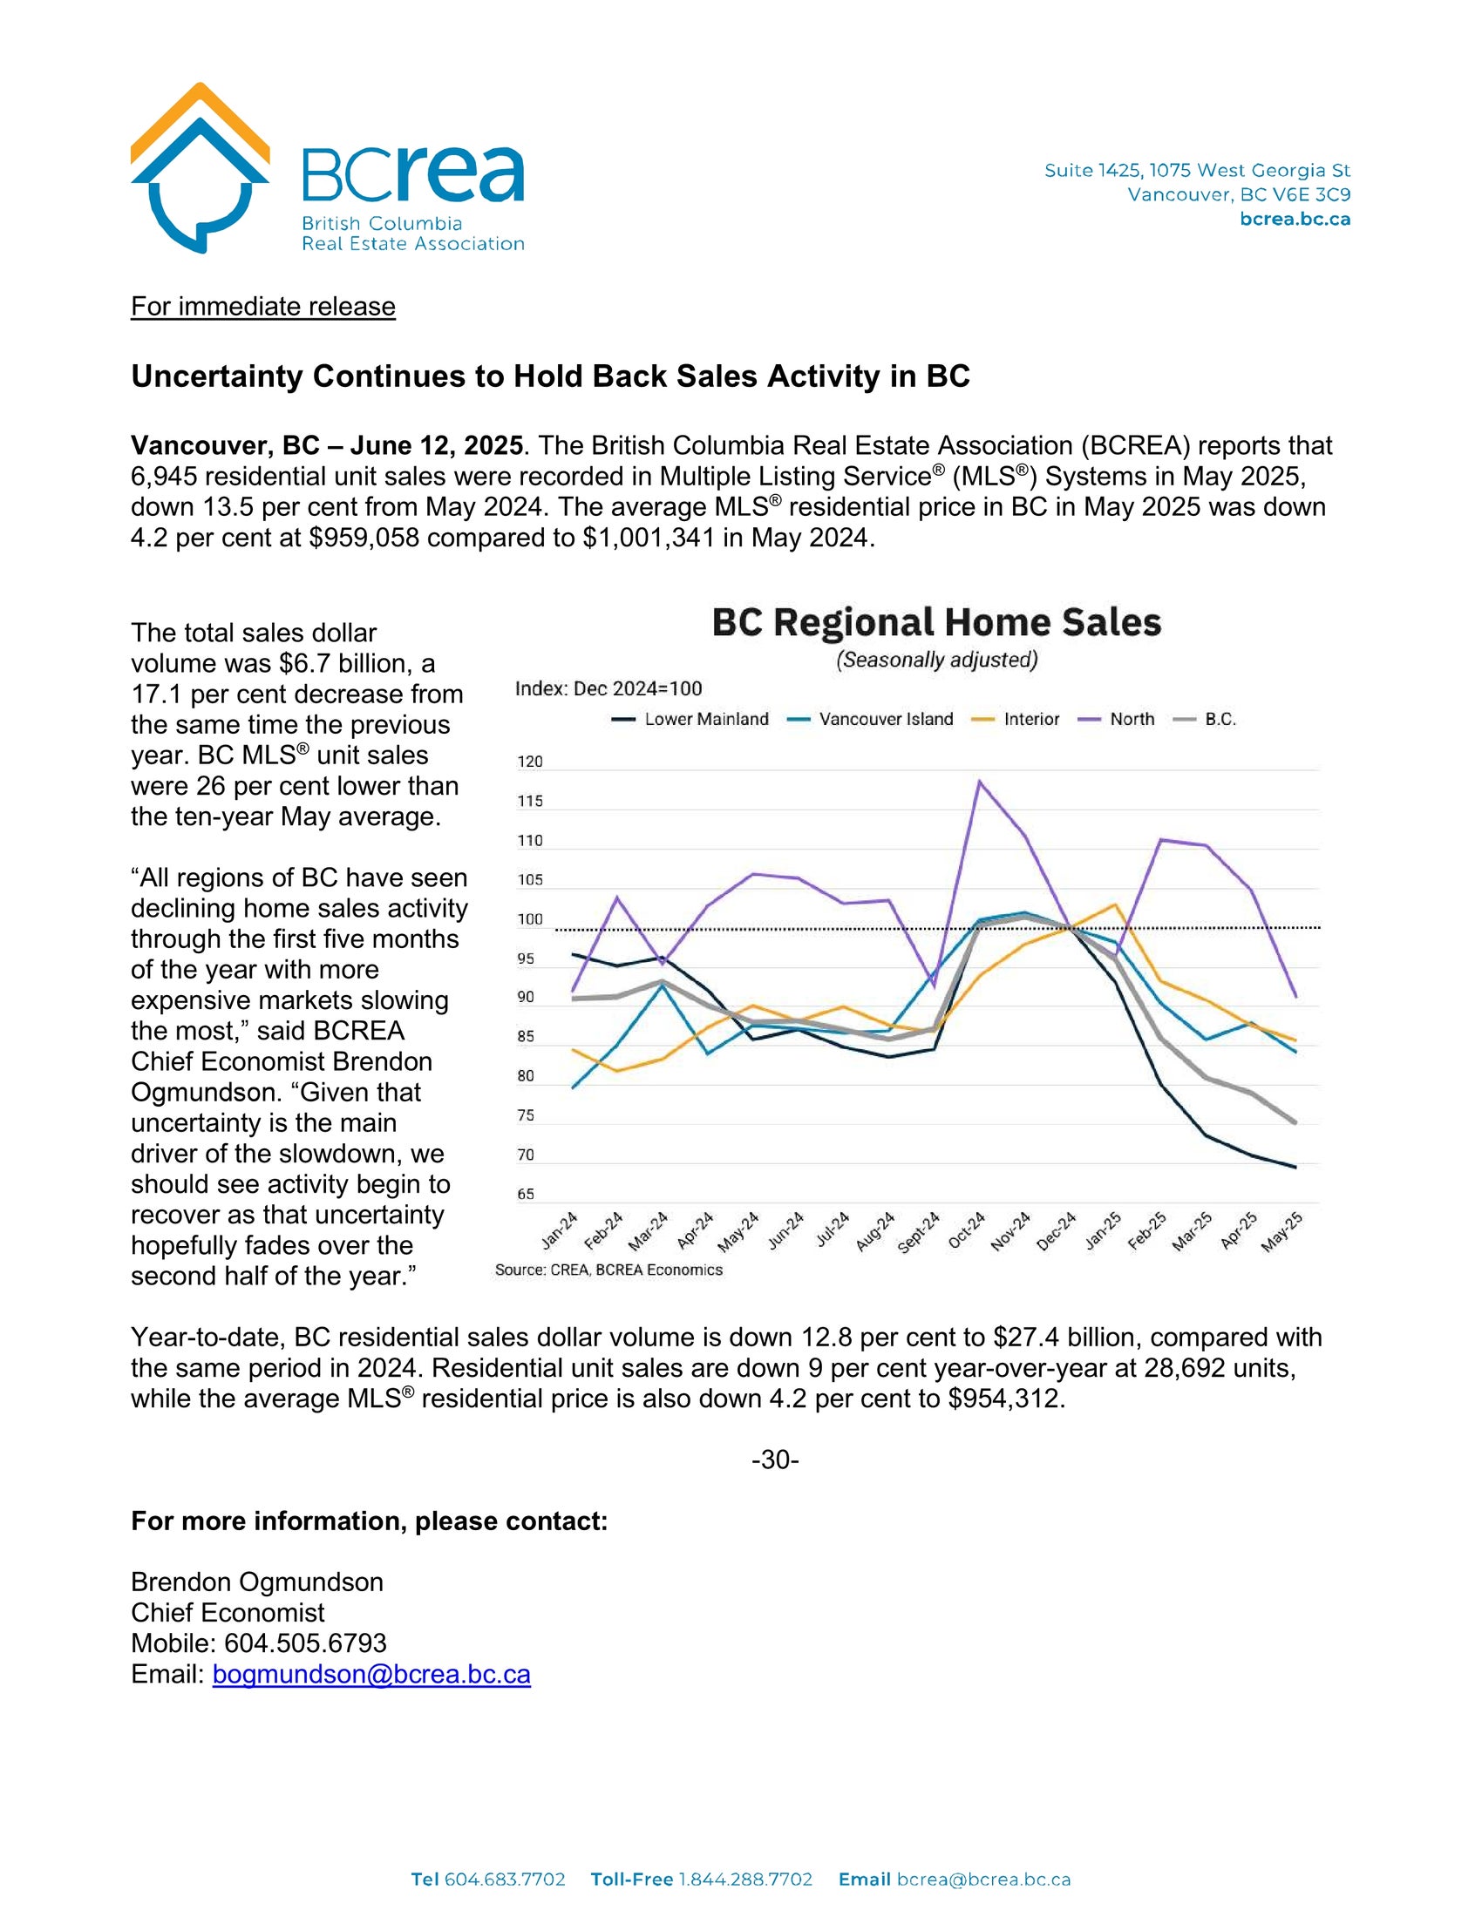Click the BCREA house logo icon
tap(201, 166)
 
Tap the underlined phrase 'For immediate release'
tap(262, 307)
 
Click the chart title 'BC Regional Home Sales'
tap(936, 622)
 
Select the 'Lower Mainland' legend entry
tap(690, 720)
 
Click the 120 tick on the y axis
tap(529, 762)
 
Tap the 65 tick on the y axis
tap(525, 1195)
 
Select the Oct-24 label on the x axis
tap(968, 1229)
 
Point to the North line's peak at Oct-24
tap(979, 782)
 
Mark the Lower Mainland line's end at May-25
tap(1295, 1168)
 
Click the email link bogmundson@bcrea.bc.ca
tap(371, 1675)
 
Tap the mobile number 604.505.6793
tap(304, 1643)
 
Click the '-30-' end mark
tap(775, 1460)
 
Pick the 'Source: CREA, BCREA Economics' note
tap(608, 1270)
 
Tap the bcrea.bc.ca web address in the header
tap(1295, 220)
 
